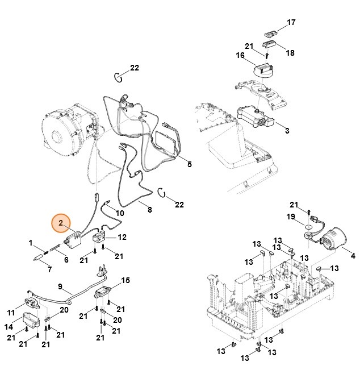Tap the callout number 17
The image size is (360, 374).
[291, 23]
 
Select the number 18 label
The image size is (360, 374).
[290, 53]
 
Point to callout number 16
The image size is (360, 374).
[240, 56]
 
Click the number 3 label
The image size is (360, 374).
[287, 130]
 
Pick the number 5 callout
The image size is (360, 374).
[190, 164]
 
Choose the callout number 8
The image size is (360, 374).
[150, 210]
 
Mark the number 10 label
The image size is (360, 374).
[119, 213]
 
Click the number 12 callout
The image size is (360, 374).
[122, 237]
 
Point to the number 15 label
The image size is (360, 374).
[125, 280]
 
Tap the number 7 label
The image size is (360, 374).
[49, 269]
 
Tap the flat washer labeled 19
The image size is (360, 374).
[308, 232]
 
